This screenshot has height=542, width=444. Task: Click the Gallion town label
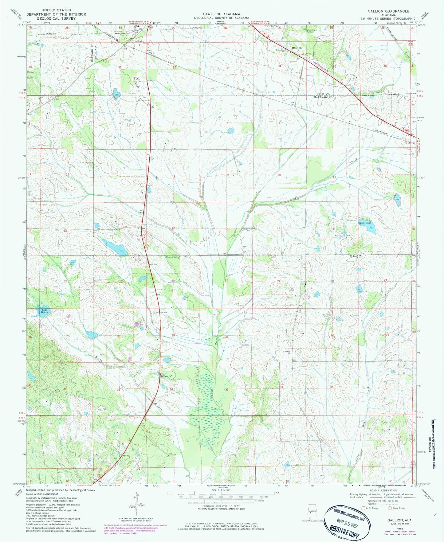click(x=137, y=41)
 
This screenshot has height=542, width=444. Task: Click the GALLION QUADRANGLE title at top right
click(x=388, y=11)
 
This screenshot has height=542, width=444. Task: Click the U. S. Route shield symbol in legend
click(x=363, y=508)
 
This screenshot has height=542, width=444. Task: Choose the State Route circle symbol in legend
click(x=391, y=508)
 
